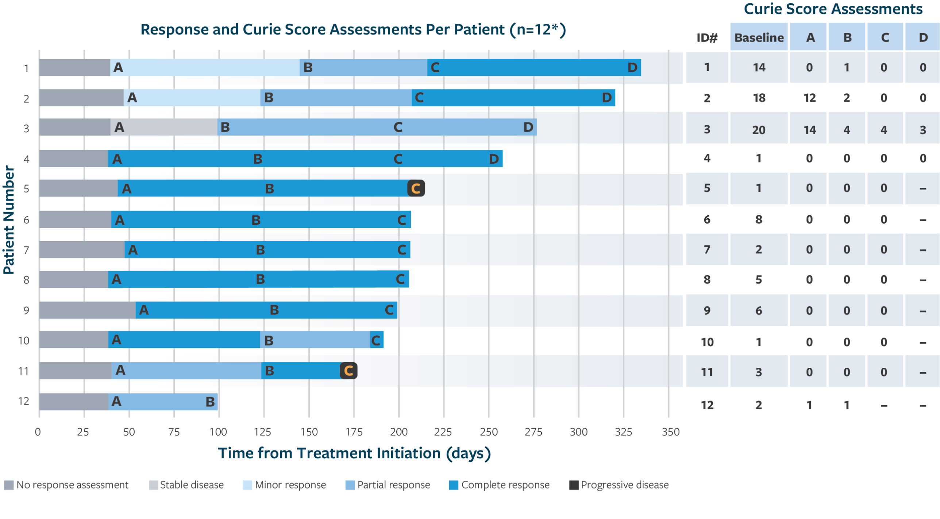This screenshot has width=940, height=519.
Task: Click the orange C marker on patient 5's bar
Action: pos(416,188)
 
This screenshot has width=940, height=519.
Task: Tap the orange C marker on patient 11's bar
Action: pos(348,371)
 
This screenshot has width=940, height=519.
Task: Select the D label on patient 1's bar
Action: pos(632,67)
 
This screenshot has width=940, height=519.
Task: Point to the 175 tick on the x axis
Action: pos(354,432)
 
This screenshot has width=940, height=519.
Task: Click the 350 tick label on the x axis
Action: pos(670,432)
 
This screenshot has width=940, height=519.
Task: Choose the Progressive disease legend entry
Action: pos(619,485)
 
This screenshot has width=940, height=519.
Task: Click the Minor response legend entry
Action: pos(285,485)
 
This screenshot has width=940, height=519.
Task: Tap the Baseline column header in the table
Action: pos(759,38)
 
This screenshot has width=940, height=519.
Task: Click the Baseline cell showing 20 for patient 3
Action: pos(759,130)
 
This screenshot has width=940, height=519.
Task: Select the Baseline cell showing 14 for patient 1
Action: pos(759,67)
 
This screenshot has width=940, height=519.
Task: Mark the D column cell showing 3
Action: pos(923,130)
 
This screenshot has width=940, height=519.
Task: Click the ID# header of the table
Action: pos(707,38)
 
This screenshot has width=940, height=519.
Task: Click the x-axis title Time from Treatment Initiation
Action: pos(354,453)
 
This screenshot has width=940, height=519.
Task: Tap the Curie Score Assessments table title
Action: pos(833,9)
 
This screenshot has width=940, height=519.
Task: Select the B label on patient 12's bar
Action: pos(210,402)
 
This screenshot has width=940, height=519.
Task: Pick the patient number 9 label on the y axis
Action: pos(26,311)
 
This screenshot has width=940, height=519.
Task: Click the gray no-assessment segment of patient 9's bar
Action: pos(88,310)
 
